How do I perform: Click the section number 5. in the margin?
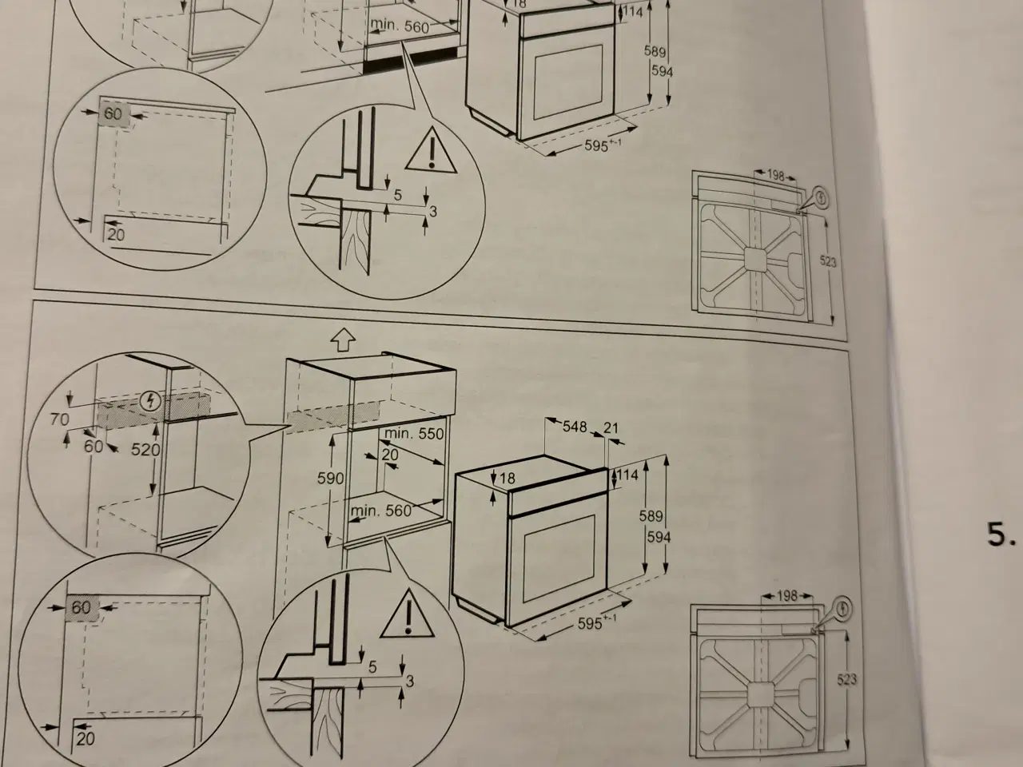(1000, 535)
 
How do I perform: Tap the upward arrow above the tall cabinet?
(342, 340)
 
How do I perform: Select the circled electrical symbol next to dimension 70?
(147, 401)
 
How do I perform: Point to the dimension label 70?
(59, 419)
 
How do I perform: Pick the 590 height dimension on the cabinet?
(330, 479)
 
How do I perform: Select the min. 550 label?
(413, 434)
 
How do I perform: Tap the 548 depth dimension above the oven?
(575, 427)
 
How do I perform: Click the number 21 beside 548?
(611, 428)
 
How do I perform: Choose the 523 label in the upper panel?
(828, 261)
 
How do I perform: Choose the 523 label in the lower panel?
(846, 679)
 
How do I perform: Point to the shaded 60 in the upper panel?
(113, 114)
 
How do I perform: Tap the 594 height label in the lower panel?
(659, 538)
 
